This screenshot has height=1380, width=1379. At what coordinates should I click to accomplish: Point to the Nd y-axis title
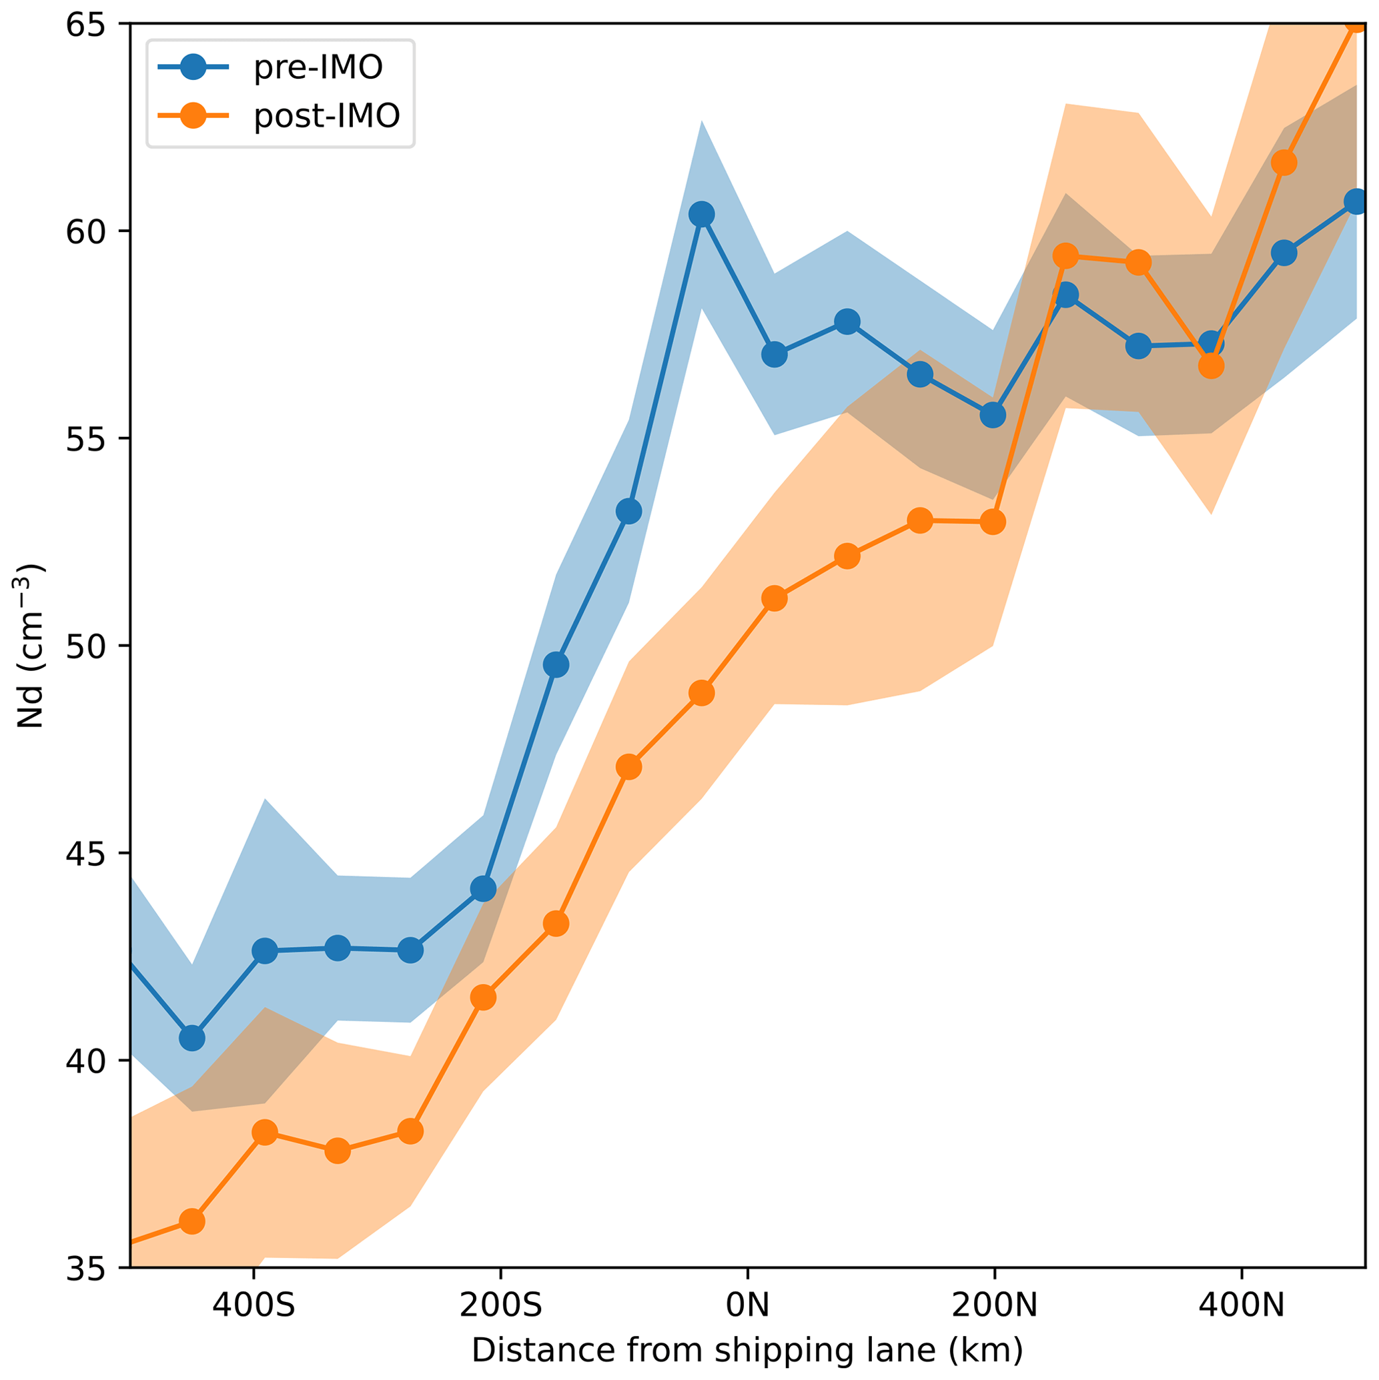(x=30, y=646)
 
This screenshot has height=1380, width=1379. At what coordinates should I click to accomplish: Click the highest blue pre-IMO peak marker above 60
(x=702, y=214)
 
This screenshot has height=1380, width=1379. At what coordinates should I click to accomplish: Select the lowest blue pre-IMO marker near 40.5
(x=192, y=1038)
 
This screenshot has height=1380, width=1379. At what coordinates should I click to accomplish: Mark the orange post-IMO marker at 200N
(x=993, y=522)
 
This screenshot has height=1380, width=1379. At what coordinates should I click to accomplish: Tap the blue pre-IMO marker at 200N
(x=993, y=415)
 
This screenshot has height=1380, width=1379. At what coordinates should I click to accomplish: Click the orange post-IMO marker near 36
(x=192, y=1221)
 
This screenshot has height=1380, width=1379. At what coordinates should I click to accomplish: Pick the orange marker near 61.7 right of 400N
(x=1284, y=163)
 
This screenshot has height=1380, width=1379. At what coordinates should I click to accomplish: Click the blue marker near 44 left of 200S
(x=483, y=889)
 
